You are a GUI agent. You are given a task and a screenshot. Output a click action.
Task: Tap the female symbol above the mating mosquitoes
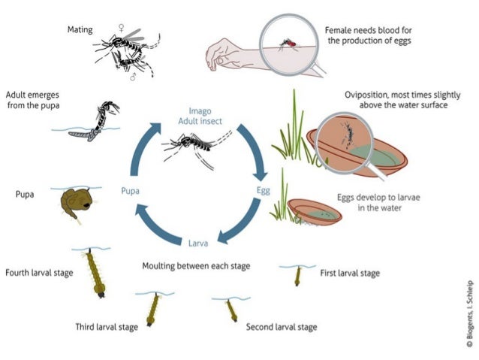(120, 28)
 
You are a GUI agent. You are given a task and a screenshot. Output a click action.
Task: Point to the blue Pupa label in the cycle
(130, 191)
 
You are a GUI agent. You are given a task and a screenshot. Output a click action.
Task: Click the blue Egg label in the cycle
(263, 191)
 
